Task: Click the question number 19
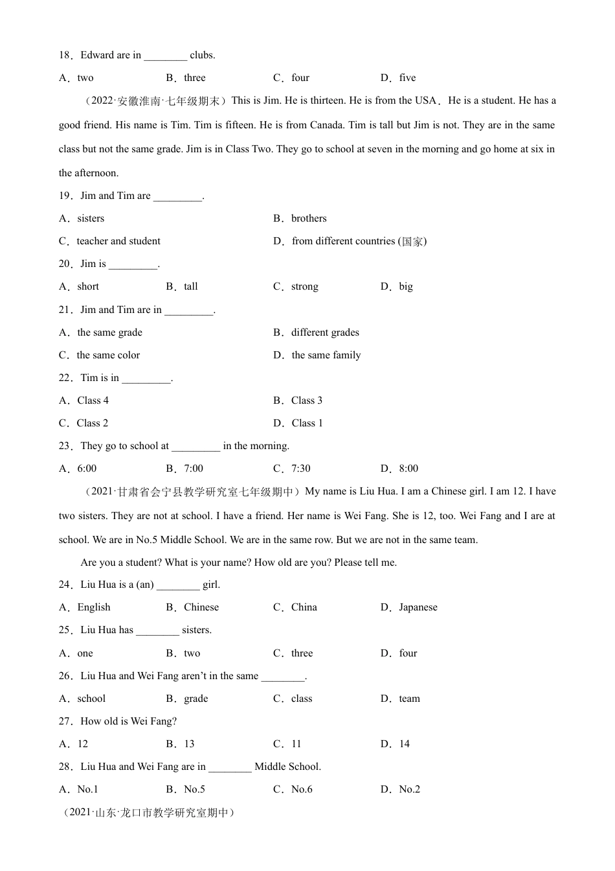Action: pos(65,196)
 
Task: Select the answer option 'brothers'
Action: pos(308,218)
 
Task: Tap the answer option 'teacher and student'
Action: pos(118,241)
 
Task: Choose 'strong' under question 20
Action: pos(304,286)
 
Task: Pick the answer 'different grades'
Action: pos(324,332)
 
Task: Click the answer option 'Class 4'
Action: pos(93,401)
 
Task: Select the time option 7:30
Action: pos(300,469)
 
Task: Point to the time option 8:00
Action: pos(408,469)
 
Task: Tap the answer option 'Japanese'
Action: pos(418,607)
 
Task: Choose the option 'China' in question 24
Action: pos(304,607)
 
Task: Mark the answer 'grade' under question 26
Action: pos(196,699)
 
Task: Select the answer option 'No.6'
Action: pos(302,789)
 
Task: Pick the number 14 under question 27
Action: pos(404,744)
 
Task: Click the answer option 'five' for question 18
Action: pos(407,78)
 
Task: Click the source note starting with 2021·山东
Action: pos(149,813)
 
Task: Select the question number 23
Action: pos(65,446)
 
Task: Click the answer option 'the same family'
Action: pos(326,355)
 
